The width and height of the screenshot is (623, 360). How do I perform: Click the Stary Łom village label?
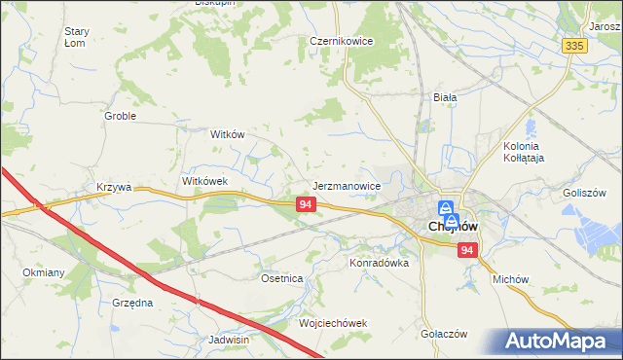[x=77, y=37]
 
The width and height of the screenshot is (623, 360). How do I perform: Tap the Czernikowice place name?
[x=342, y=42]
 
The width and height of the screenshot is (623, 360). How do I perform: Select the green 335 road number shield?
[x=574, y=46]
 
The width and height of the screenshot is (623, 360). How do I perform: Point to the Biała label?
[x=445, y=97]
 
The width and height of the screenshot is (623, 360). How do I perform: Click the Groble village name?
[x=120, y=116]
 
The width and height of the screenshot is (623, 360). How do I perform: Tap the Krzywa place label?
[x=114, y=187]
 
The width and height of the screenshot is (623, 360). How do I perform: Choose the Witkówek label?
[x=204, y=181]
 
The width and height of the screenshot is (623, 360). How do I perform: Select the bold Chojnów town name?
[x=453, y=228]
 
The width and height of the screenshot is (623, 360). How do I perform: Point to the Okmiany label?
[x=43, y=273]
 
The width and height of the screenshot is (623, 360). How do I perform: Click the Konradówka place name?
[x=379, y=263]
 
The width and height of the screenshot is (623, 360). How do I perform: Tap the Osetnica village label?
[x=282, y=278]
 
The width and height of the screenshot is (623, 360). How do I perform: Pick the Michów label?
[x=510, y=278]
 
